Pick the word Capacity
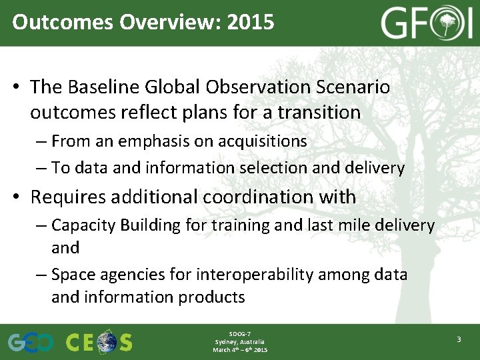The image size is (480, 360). coord(83,225)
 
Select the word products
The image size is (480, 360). coord(213,297)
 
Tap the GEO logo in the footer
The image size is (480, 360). coord(31,343)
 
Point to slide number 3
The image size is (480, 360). coord(459,340)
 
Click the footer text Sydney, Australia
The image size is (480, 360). coord(239,342)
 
